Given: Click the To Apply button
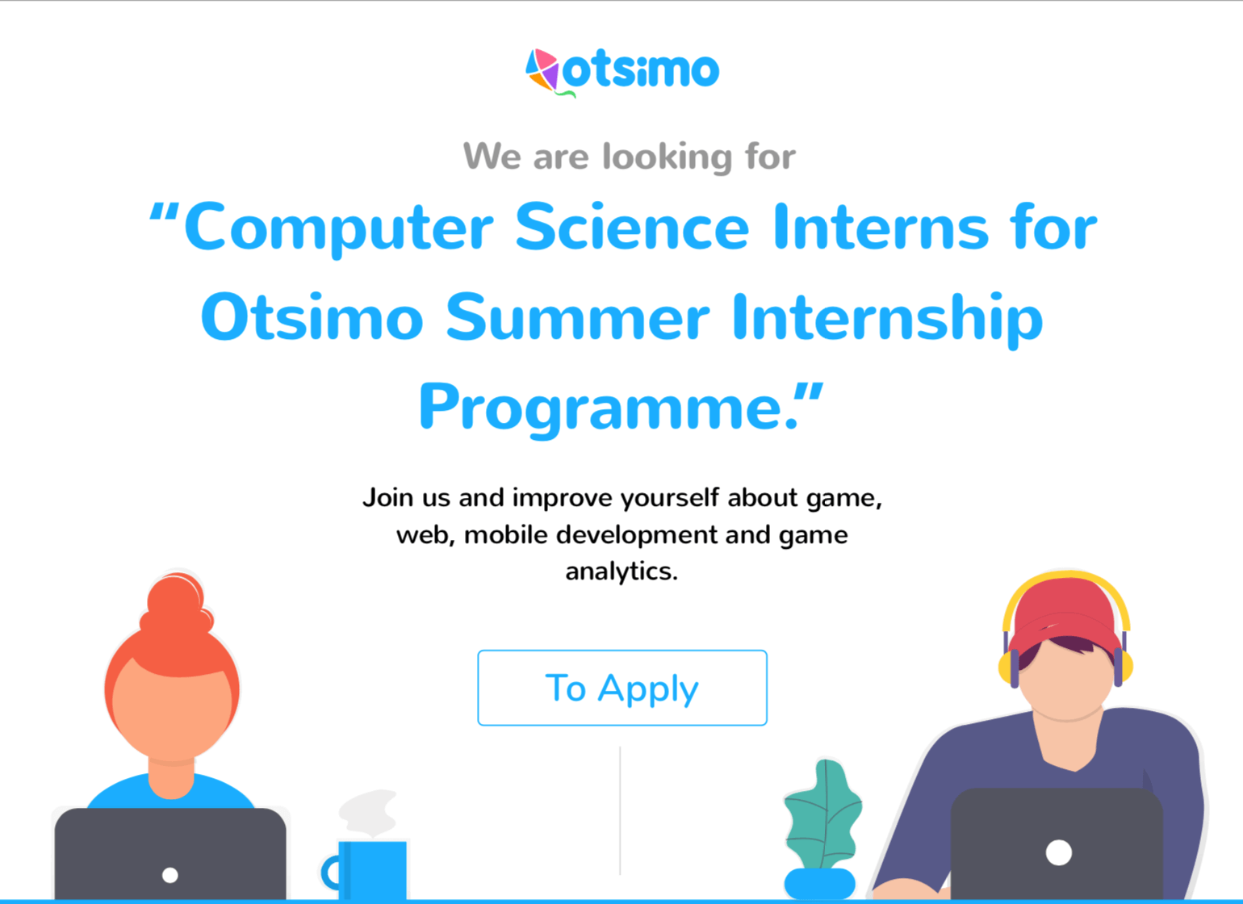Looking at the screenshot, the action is coord(622,688).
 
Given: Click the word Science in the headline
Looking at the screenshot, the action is coord(633,228).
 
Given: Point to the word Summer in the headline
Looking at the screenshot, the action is coord(578,317).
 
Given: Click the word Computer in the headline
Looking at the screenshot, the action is coord(338,228).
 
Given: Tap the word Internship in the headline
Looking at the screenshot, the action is coord(888,319).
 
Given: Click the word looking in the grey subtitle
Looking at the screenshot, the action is coord(668,157).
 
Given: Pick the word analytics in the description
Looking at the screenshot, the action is coord(621,571).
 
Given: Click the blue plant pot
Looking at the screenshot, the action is coord(819,884).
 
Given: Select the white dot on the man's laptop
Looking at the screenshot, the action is coord(1059,853).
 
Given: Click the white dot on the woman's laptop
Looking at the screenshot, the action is coord(169,875).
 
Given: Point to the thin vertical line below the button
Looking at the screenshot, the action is coord(620,810).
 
